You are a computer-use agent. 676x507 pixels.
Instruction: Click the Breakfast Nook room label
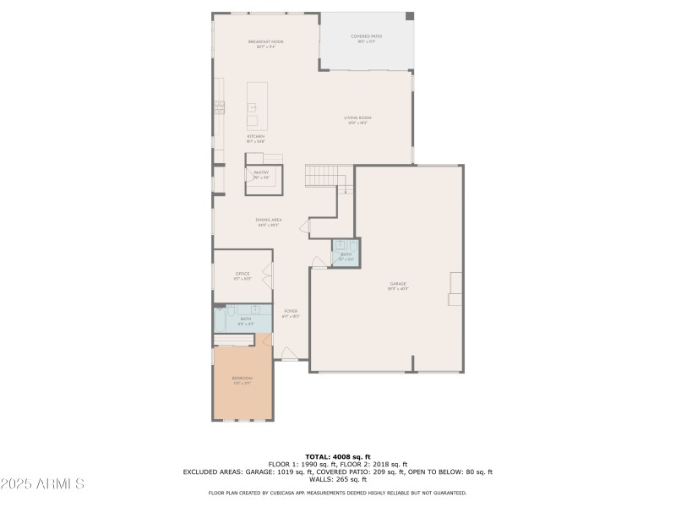[266, 42]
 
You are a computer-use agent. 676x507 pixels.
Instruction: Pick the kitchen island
[257, 104]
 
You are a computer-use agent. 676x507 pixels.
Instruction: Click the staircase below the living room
[321, 176]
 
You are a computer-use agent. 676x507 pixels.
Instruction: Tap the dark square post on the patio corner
[410, 16]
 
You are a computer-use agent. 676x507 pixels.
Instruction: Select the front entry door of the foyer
[288, 354]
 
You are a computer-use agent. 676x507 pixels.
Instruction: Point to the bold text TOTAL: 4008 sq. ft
[337, 457]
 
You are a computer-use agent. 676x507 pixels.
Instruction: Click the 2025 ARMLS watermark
[42, 484]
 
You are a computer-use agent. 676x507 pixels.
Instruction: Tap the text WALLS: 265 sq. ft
[337, 479]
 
